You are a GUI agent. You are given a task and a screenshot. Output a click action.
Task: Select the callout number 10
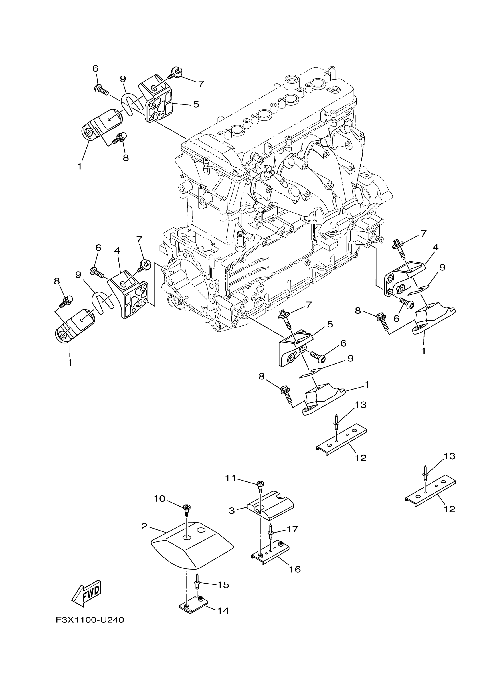point(159,498)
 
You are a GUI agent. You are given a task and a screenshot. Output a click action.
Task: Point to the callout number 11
point(231,478)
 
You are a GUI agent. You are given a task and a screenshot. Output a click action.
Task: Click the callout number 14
point(223,611)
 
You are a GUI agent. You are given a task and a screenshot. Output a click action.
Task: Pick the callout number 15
point(223,585)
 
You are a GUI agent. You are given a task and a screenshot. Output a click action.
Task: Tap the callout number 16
point(295,569)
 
